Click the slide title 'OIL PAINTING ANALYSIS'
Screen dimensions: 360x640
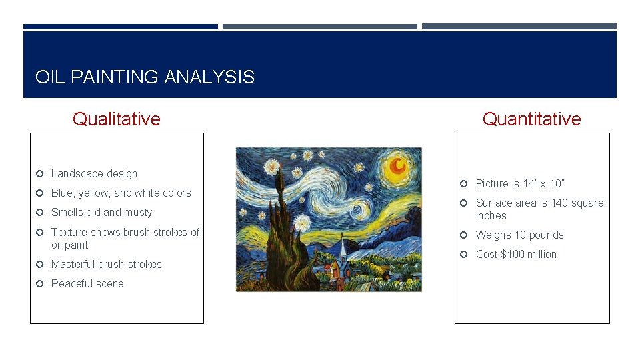(x=145, y=77)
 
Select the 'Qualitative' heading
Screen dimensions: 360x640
(x=117, y=119)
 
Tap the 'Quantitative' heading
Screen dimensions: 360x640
(x=531, y=119)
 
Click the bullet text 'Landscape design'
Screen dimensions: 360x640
(x=94, y=174)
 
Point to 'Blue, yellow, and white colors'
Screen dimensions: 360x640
(x=121, y=193)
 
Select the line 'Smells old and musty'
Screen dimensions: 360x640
(x=101, y=213)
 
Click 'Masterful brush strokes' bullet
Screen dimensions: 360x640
(x=106, y=265)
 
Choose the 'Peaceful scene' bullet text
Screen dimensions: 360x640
(x=87, y=284)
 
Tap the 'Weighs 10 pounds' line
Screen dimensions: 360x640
(x=519, y=235)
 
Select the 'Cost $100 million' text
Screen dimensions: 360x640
(x=516, y=255)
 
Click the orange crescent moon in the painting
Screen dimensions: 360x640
(x=399, y=165)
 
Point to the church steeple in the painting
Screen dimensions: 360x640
(x=343, y=247)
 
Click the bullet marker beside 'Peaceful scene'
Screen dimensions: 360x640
(x=40, y=284)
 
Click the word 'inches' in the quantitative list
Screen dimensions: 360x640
(x=491, y=216)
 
